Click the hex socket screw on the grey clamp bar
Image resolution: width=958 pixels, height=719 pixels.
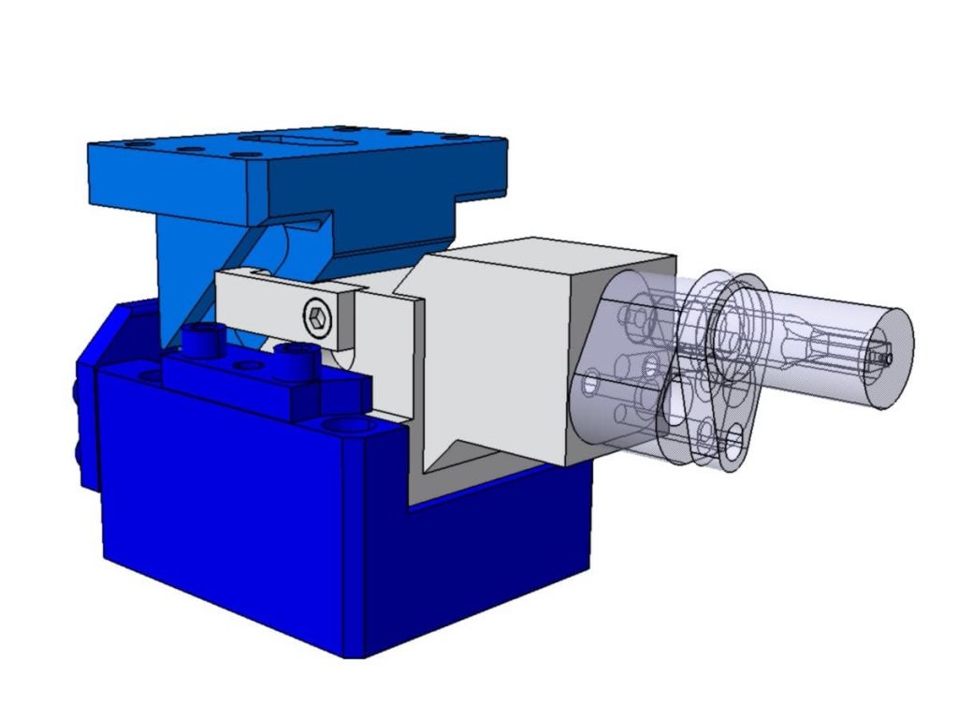[318, 318]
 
